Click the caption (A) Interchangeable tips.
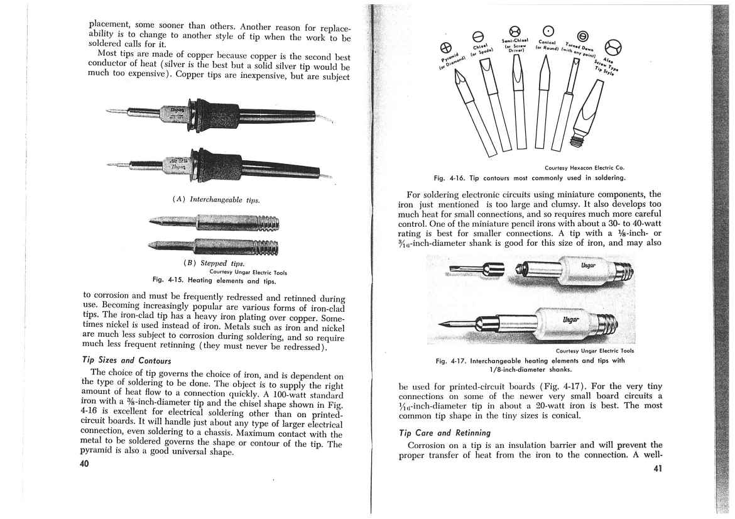(x=215, y=200)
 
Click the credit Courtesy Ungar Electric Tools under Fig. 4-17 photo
(x=594, y=351)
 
